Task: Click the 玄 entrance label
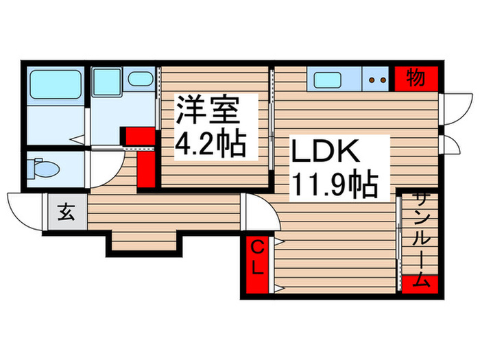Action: point(66,213)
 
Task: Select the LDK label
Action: point(326,150)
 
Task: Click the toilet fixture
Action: point(45,168)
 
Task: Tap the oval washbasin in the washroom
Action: point(141,79)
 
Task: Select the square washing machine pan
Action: point(107,82)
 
